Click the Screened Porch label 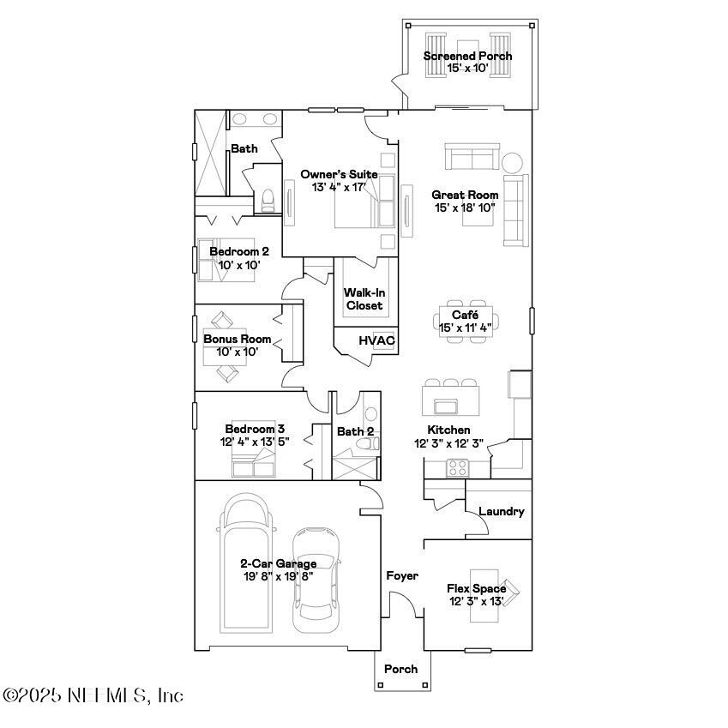point(467,56)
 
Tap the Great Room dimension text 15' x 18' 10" point(465,208)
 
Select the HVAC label point(376,340)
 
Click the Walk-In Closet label point(364,299)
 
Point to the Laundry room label point(501,511)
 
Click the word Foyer point(401,575)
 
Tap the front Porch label point(400,669)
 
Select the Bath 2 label point(354,431)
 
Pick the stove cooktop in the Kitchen point(457,468)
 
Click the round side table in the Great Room point(512,162)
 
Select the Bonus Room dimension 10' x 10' point(236,351)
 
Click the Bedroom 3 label point(255,429)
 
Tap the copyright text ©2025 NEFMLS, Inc point(93,695)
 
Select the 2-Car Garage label point(278,563)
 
